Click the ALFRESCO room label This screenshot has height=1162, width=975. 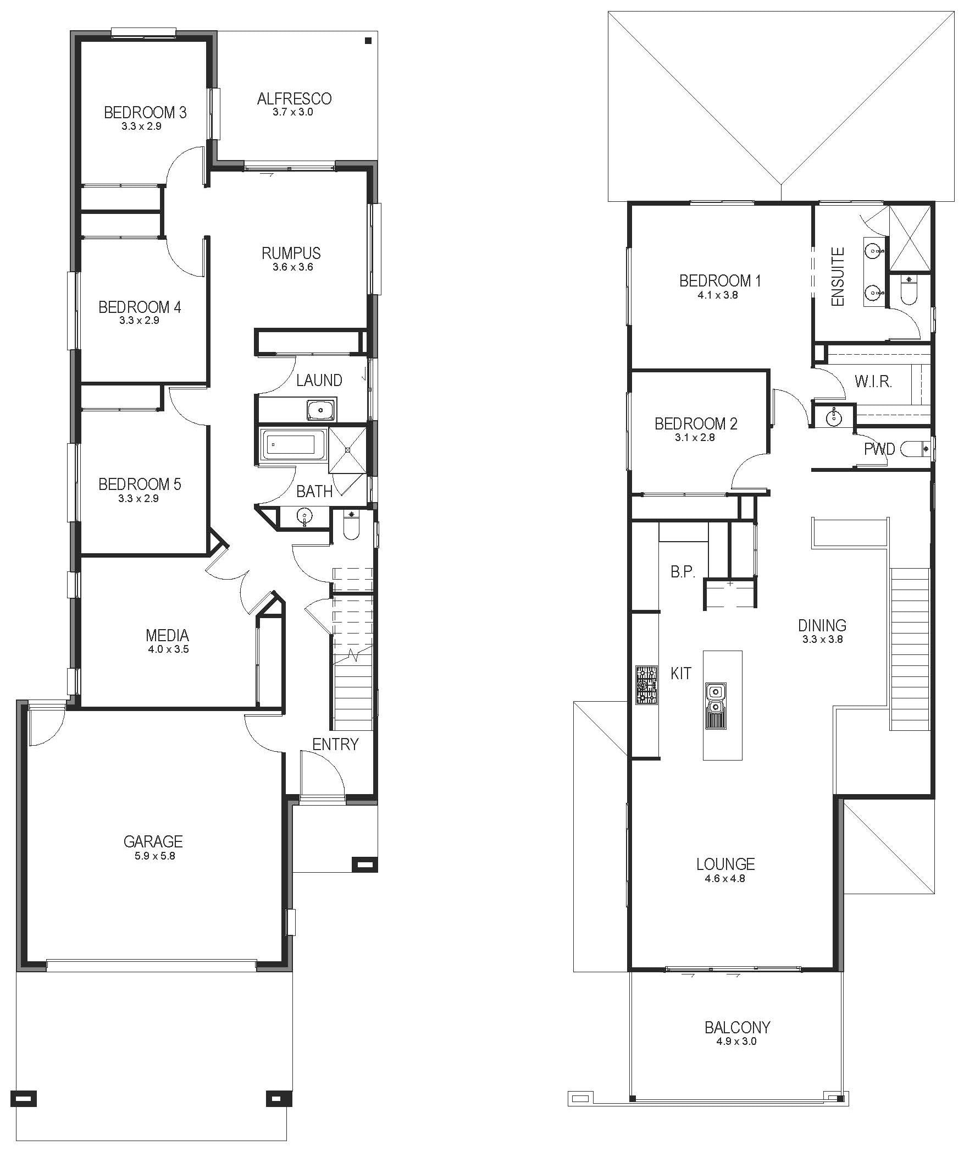pos(294,98)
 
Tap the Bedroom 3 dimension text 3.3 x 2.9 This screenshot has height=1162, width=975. pos(142,126)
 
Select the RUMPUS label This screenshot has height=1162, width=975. pos(291,253)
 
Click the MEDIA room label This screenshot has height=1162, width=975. pos(168,635)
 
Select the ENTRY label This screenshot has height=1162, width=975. pos(335,744)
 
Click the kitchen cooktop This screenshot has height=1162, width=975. pos(646,685)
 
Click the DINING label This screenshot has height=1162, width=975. pos(822,625)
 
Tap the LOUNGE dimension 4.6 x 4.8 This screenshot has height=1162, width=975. pos(725,878)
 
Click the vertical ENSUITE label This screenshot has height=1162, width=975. pos(838,277)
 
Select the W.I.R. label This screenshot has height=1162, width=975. pos(873,381)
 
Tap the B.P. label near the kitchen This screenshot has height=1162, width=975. pos(683,571)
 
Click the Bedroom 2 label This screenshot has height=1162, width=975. pos(696,424)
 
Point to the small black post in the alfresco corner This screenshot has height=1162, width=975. pos(368,40)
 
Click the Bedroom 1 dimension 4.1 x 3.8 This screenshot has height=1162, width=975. pos(718,295)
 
